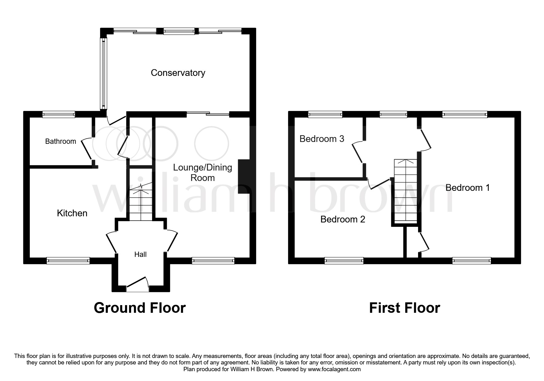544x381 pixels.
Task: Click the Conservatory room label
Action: [x=178, y=73]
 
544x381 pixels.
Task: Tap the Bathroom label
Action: [x=61, y=141]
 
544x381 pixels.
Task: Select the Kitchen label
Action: [x=72, y=213]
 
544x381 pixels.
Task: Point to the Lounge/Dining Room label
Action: [x=203, y=173]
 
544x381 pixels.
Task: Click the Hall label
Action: [x=140, y=254]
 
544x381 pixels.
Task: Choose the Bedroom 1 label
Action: [x=468, y=188]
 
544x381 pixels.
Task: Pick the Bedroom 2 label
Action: [x=343, y=219]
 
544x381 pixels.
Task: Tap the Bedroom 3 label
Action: [x=322, y=139]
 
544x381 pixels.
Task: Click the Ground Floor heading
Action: [x=140, y=308]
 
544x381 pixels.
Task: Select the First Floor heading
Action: [x=405, y=308]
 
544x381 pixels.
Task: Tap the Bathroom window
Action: [x=59, y=114]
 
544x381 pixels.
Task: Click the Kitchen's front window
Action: [x=68, y=261]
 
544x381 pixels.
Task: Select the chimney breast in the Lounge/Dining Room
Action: [x=244, y=176]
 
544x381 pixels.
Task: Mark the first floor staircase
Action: [x=406, y=191]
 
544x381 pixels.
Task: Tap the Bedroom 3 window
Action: [x=325, y=114]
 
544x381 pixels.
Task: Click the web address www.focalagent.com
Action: [x=334, y=369]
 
